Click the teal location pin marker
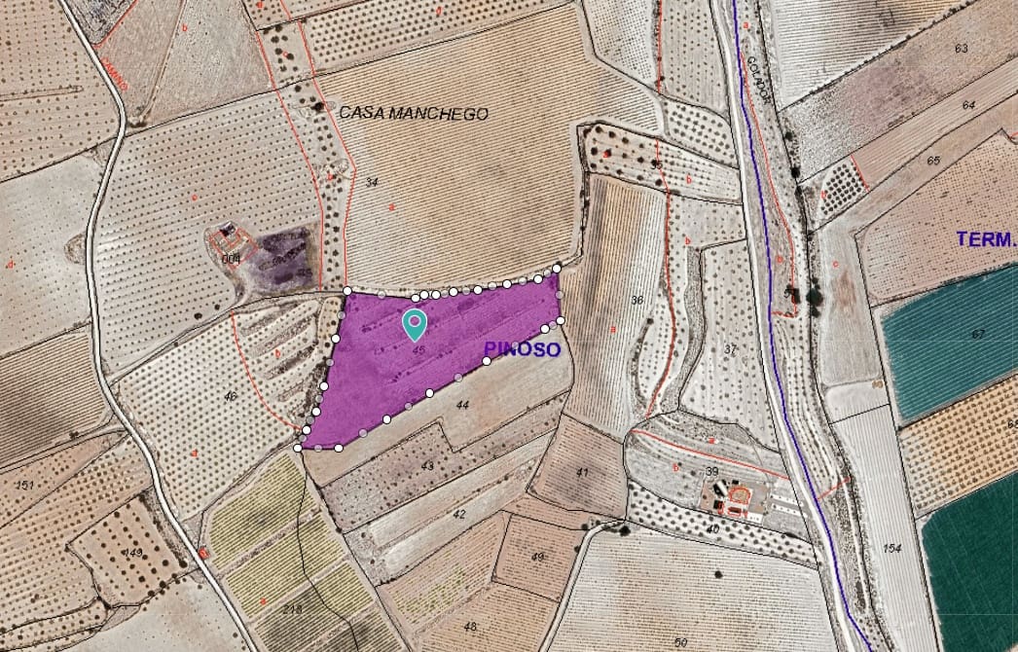pyautogui.click(x=416, y=323)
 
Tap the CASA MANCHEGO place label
pyautogui.click(x=414, y=114)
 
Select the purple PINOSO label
pyautogui.click(x=522, y=349)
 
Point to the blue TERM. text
pyautogui.click(x=986, y=238)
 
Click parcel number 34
pyautogui.click(x=372, y=182)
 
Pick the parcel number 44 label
pyautogui.click(x=462, y=404)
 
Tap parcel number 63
pyautogui.click(x=962, y=48)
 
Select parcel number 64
pyautogui.click(x=968, y=104)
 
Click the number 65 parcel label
pyautogui.click(x=934, y=161)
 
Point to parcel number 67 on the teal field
pyautogui.click(x=978, y=334)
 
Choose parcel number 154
pyautogui.click(x=893, y=549)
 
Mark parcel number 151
pyautogui.click(x=24, y=484)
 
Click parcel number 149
pyautogui.click(x=133, y=553)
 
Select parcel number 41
pyautogui.click(x=582, y=472)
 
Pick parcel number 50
pyautogui.click(x=680, y=642)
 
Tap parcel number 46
pyautogui.click(x=231, y=396)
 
